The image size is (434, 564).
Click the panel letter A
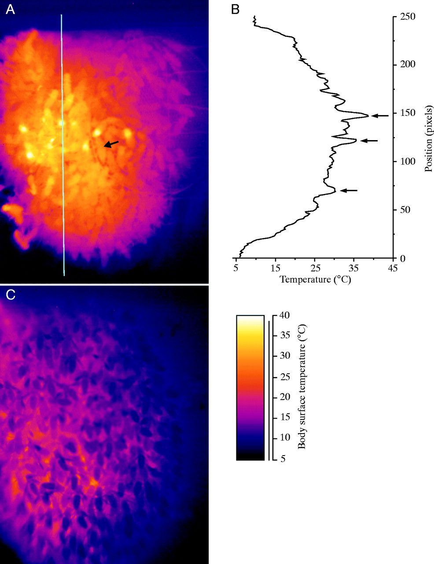pyautogui.click(x=10, y=10)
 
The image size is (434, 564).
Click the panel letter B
pyautogui.click(x=235, y=10)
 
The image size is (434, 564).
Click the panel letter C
pyautogui.click(x=10, y=295)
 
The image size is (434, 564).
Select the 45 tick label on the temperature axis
pyautogui.click(x=393, y=268)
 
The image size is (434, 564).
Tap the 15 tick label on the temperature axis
pyautogui.click(x=276, y=268)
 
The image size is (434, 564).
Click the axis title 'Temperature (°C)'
pyautogui.click(x=315, y=279)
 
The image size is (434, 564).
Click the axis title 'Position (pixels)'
pyautogui.click(x=429, y=137)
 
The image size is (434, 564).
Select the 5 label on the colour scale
pyautogui.click(x=281, y=459)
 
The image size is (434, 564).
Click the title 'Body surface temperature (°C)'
pyautogui.click(x=302, y=387)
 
